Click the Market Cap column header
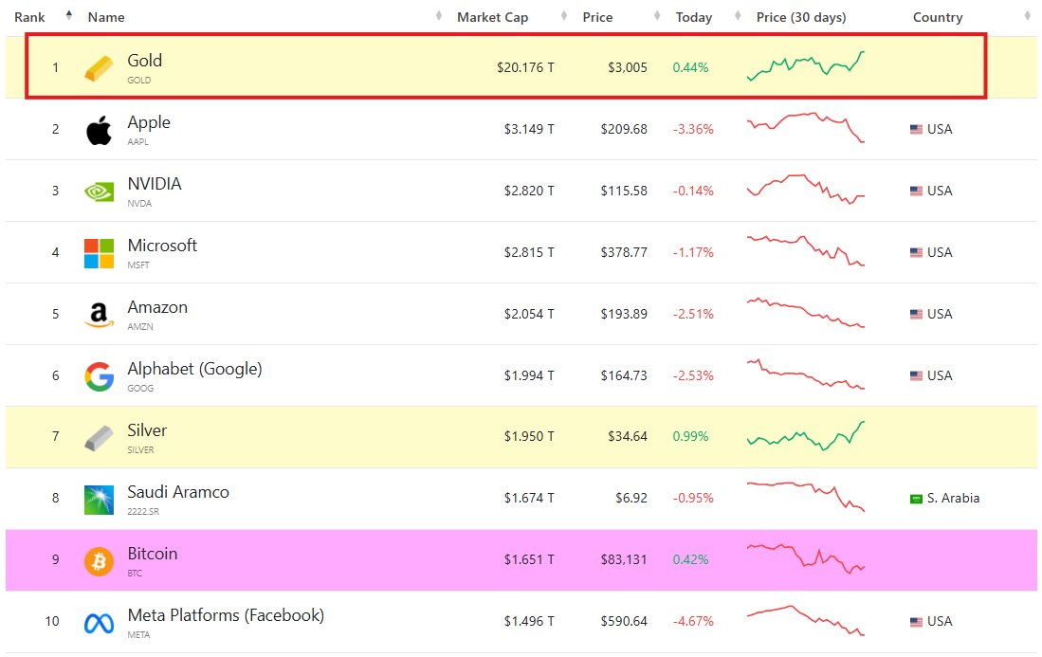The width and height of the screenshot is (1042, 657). click(492, 17)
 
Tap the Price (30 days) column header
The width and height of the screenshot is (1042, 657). click(800, 17)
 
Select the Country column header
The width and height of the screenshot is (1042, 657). click(937, 17)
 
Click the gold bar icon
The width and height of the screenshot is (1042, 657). click(99, 68)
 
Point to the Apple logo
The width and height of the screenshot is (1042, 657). click(99, 130)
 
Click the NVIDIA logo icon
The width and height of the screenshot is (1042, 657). click(99, 192)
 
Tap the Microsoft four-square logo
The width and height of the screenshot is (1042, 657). click(99, 253)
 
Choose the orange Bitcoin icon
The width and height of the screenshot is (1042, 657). click(99, 561)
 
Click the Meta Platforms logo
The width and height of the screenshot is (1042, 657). click(99, 623)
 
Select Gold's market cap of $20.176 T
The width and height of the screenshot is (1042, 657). click(525, 67)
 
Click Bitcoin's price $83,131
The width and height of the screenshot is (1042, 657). click(623, 559)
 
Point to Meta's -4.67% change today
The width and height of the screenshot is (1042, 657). click(692, 622)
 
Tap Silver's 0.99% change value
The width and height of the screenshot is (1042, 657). click(690, 437)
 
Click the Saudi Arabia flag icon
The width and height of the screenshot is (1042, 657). click(916, 499)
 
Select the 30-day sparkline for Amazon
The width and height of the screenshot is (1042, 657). click(806, 314)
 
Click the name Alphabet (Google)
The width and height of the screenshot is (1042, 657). click(194, 369)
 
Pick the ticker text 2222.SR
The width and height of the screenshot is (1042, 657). click(144, 512)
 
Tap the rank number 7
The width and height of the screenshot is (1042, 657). click(55, 437)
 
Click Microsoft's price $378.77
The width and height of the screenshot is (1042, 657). click(624, 252)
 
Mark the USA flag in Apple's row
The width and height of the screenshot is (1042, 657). click(916, 130)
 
